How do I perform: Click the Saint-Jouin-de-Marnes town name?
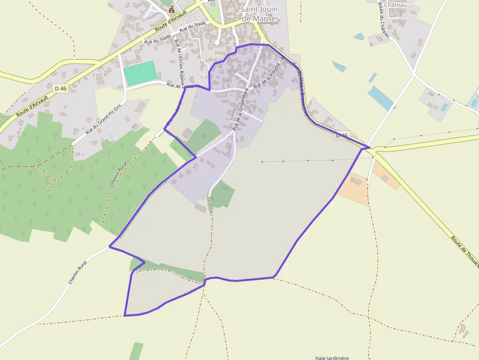click(x=260, y=14)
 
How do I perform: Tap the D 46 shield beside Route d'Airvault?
click(x=61, y=88)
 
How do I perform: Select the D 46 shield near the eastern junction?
click(x=342, y=135)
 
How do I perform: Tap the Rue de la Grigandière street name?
click(x=240, y=109)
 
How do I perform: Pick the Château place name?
click(x=395, y=4)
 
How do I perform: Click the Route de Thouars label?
click(x=465, y=252)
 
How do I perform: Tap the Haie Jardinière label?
click(x=332, y=358)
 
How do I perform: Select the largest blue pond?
click(x=380, y=98)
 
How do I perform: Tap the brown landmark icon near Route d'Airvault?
click(x=171, y=9)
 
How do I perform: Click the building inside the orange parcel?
click(x=355, y=181)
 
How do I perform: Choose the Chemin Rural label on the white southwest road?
click(x=78, y=273)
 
